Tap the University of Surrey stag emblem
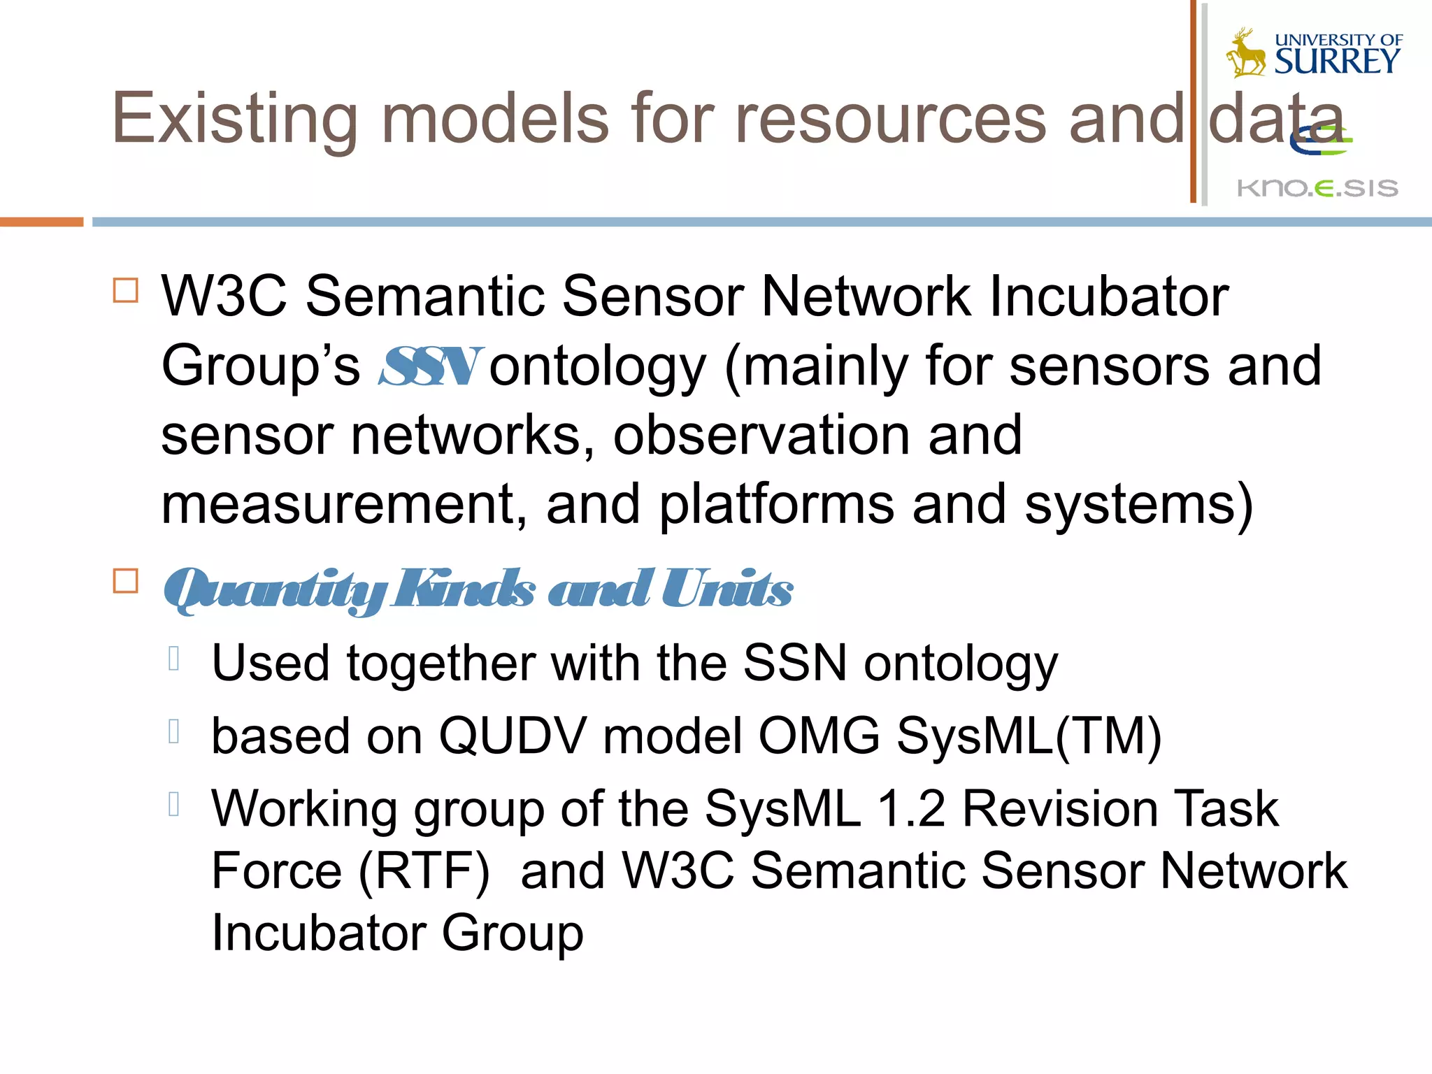click(x=1245, y=53)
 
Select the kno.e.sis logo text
click(x=1317, y=188)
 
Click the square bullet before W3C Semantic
click(x=126, y=289)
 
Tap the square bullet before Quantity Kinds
click(x=126, y=581)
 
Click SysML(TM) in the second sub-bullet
click(x=1029, y=736)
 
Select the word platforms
click(x=776, y=505)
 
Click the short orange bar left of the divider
click(x=41, y=222)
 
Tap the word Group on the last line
click(x=513, y=933)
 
